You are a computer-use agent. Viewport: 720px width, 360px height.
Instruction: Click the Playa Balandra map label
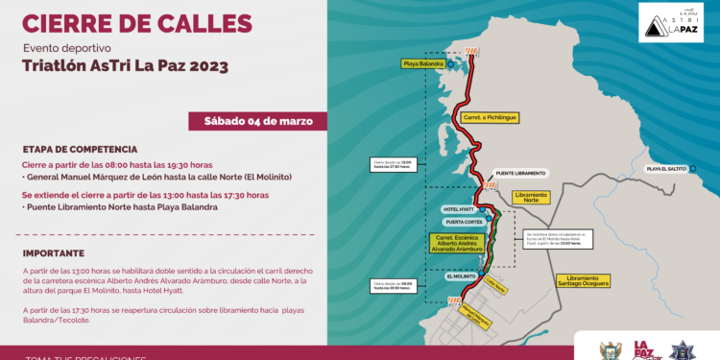point(423,64)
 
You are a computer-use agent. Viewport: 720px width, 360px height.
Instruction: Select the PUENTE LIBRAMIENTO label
point(521,173)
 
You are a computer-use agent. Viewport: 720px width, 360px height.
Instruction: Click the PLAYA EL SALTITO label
point(668,168)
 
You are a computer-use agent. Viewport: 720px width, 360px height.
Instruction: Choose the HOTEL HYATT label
point(457,208)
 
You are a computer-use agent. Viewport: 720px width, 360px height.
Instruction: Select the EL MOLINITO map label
point(461,276)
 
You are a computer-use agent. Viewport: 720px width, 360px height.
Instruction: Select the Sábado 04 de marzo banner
point(258,121)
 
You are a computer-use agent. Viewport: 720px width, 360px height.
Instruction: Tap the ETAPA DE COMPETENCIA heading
point(82,150)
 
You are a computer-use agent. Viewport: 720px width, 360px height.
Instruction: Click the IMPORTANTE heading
point(54,253)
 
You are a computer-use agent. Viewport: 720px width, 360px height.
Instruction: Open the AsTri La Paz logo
point(667,21)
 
